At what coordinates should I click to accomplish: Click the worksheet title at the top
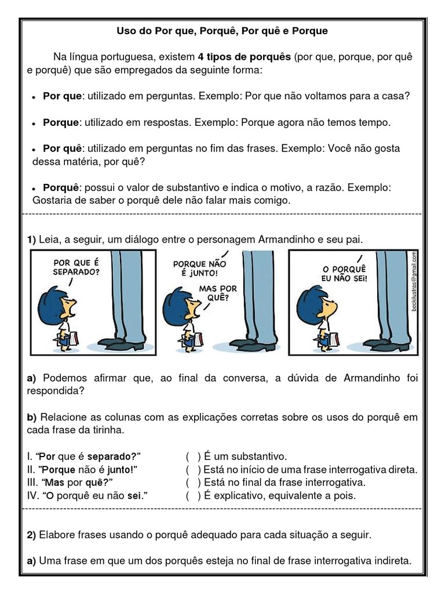(x=222, y=31)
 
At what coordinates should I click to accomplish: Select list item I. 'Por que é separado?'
(x=84, y=457)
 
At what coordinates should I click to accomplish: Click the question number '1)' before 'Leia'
(x=31, y=240)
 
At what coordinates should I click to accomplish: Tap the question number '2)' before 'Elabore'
(x=31, y=534)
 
